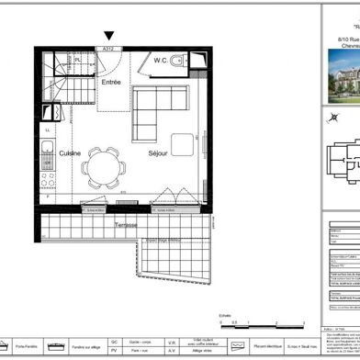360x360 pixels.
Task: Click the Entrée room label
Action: pyautogui.click(x=112, y=83)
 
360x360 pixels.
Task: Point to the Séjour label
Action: pyautogui.click(x=163, y=153)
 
